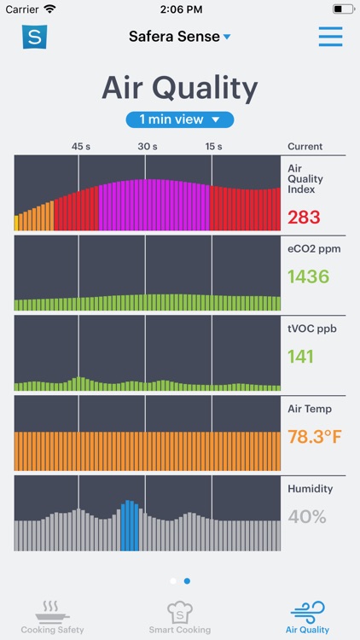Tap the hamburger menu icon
click(x=330, y=37)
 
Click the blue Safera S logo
click(x=34, y=37)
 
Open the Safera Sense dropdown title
click(x=180, y=37)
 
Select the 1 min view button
click(x=180, y=119)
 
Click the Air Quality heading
click(x=180, y=88)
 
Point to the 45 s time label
click(x=81, y=147)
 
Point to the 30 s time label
click(x=148, y=147)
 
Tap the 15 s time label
click(x=214, y=147)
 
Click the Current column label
click(x=305, y=147)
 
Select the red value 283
click(x=305, y=218)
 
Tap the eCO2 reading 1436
click(x=308, y=276)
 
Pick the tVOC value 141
click(x=300, y=356)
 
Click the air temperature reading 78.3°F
click(x=313, y=437)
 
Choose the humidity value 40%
click(x=307, y=516)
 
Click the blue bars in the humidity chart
click(x=129, y=526)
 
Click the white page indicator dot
click(x=173, y=581)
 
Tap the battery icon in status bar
click(x=343, y=9)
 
